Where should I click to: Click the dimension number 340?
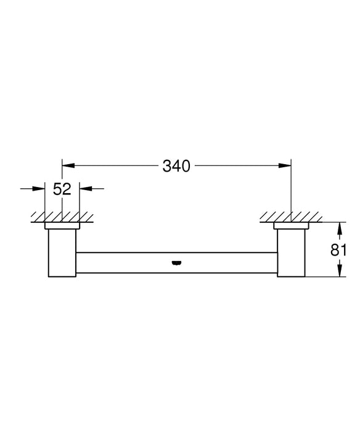click(x=176, y=166)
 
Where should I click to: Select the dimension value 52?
click(x=63, y=189)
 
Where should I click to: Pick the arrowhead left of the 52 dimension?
click(x=41, y=189)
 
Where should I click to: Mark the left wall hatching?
click(x=62, y=217)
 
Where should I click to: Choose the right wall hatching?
click(x=290, y=217)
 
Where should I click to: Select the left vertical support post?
click(x=61, y=253)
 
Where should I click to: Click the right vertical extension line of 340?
click(x=290, y=191)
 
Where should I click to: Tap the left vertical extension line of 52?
click(x=46, y=204)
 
